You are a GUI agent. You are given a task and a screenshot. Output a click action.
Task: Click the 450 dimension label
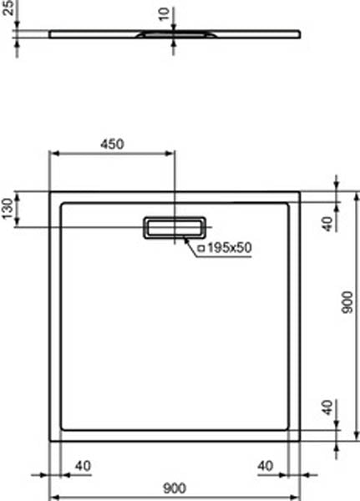[x=112, y=143]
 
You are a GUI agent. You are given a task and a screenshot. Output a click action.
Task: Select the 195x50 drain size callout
[x=225, y=247]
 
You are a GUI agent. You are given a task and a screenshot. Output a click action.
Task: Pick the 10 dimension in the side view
[x=163, y=16]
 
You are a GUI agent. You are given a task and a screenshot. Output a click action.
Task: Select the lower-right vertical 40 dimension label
[x=327, y=409]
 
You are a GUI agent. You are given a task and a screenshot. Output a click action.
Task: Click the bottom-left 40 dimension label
[x=83, y=465]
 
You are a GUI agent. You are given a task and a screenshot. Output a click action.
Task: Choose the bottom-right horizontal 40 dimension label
[x=266, y=465]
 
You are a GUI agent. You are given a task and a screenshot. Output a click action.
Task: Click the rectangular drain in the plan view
[x=175, y=226]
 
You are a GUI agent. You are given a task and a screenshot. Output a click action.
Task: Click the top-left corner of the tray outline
[x=50, y=192]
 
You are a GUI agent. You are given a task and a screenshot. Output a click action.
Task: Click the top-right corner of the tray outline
[x=300, y=192]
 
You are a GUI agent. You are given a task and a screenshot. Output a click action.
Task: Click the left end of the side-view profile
[x=50, y=33]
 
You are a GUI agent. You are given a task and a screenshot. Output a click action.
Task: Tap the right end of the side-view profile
[x=299, y=33]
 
